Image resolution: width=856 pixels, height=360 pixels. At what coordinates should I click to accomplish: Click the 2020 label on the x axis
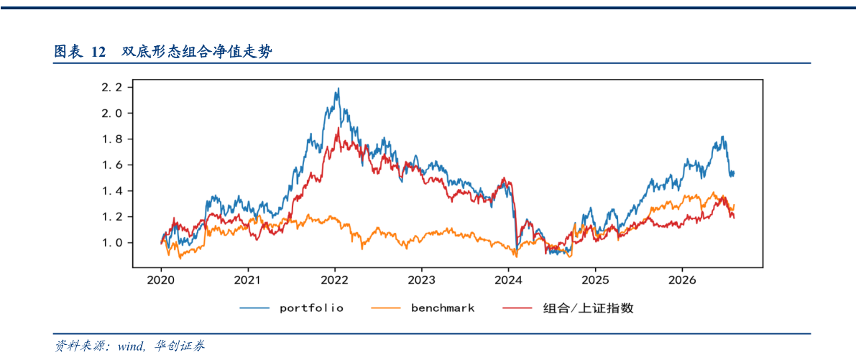pos(161,280)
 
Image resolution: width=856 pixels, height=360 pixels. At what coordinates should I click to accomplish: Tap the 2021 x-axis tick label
pos(248,280)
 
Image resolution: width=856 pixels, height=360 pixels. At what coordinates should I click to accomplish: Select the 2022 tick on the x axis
pos(335,280)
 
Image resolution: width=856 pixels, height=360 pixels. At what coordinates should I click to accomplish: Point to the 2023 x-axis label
pos(421,280)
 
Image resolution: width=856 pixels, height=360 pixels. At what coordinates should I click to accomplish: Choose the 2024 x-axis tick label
pos(508,280)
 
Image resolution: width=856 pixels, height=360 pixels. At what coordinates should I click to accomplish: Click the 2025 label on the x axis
pos(595,280)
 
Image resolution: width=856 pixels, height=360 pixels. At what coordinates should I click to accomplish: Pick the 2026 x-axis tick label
pos(682,280)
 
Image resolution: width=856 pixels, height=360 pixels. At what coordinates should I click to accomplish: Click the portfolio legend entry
pos(292,308)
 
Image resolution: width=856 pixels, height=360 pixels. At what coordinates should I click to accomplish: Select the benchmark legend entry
pos(423,308)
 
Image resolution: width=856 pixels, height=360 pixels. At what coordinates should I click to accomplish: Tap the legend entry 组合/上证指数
pos(568,308)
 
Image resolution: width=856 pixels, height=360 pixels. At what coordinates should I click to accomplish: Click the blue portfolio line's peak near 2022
pos(339,88)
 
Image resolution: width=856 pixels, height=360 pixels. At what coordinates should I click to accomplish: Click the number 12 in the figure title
pos(98,52)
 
